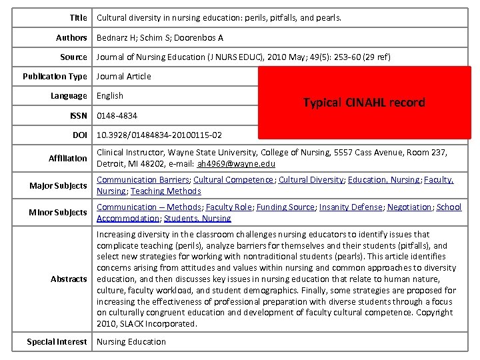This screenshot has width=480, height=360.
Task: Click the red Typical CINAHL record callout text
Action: point(363,103)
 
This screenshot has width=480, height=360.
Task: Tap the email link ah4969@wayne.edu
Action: point(227,164)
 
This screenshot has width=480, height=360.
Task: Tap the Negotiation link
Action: point(409,207)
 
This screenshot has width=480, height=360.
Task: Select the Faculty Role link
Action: point(229,207)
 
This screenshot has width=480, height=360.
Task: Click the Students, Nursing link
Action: point(199,219)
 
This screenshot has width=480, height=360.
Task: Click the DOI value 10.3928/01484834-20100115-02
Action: point(159,135)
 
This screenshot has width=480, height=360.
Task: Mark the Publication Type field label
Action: point(55,77)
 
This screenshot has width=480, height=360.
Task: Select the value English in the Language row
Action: point(110,96)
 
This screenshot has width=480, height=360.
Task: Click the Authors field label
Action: point(71,38)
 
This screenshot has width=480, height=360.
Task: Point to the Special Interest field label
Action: point(57,342)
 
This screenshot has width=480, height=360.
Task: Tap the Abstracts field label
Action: point(69,279)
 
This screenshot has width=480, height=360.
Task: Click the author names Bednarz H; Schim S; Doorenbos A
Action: point(160,38)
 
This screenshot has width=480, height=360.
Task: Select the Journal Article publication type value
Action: point(124,77)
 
